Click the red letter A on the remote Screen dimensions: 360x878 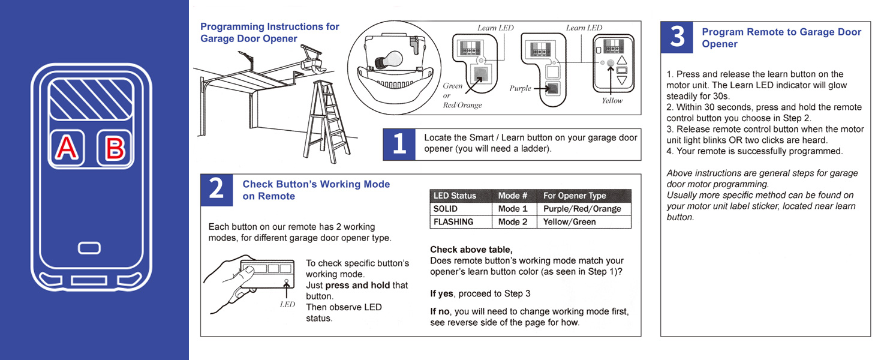pos(67,148)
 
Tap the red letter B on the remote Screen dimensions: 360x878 pos(115,148)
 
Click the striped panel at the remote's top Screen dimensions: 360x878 pos(91,100)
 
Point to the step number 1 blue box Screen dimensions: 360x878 pos(399,144)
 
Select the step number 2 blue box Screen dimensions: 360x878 pos(217,190)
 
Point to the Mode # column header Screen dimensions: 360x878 pos(513,196)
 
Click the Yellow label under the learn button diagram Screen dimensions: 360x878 pos(612,101)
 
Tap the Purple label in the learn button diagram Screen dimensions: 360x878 pos(520,88)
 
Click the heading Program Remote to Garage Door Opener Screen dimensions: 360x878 pos(781,38)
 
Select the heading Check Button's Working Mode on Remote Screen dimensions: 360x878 pos(315,190)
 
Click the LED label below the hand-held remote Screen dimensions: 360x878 pos(287,304)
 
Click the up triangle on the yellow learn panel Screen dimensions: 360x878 pos(621,61)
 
